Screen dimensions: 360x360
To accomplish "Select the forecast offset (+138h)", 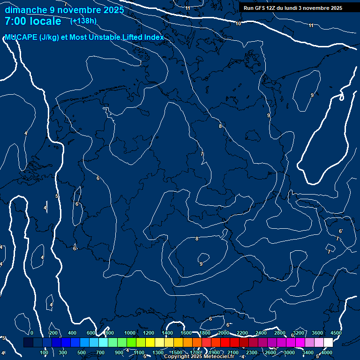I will point(83,21).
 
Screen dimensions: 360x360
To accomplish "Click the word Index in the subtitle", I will point(154,37).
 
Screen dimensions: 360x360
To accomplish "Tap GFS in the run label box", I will point(260,8).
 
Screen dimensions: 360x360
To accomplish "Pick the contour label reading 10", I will point(238,23).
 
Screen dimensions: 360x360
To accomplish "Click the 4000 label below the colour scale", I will point(327,352).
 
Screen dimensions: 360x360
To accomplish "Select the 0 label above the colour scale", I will point(31,333).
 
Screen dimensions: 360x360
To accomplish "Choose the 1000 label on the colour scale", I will point(130,333).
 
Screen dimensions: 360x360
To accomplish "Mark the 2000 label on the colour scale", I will point(224,333).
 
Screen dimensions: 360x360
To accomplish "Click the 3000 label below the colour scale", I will point(289,352).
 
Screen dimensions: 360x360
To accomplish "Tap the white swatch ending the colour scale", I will point(328,343).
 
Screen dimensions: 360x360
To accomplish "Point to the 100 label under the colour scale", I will point(45,352).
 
